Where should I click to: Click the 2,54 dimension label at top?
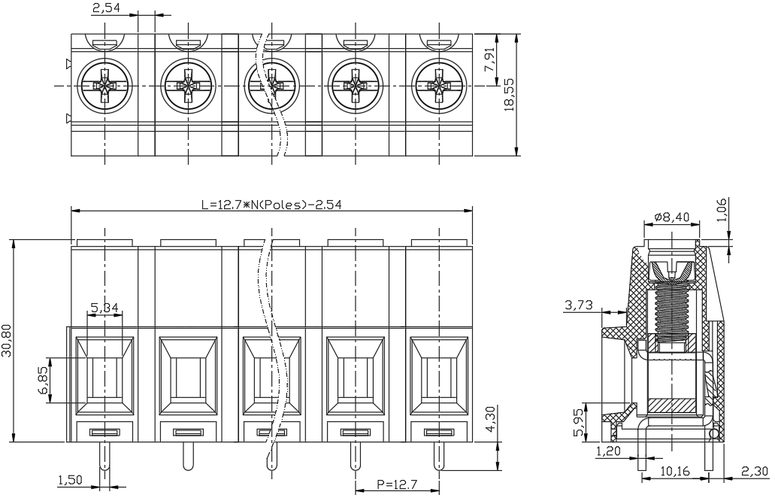click(x=106, y=8)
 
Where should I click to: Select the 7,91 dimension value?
click(x=489, y=61)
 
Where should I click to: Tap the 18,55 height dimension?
click(x=509, y=94)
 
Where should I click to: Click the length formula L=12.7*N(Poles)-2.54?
click(x=271, y=205)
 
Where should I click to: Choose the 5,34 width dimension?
click(x=104, y=308)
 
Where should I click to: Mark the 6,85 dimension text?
click(x=44, y=380)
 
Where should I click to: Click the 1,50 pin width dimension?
click(x=70, y=479)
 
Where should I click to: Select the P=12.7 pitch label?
click(x=397, y=484)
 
